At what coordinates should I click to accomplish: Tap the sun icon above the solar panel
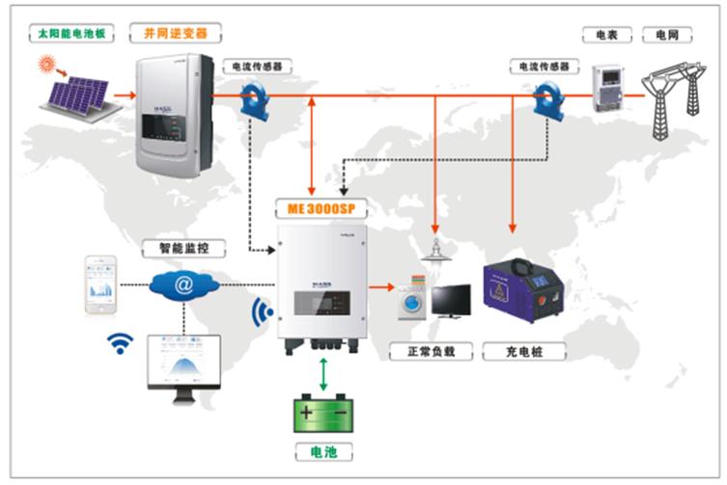[46, 66]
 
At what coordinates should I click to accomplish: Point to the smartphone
[100, 285]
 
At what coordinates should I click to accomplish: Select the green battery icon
[324, 414]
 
